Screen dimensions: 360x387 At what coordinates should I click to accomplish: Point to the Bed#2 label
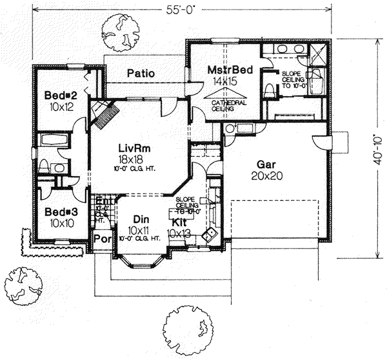tap(57, 95)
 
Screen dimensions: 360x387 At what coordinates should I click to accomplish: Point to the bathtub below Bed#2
tap(55, 140)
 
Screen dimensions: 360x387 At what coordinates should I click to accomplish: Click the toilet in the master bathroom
tap(269, 89)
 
